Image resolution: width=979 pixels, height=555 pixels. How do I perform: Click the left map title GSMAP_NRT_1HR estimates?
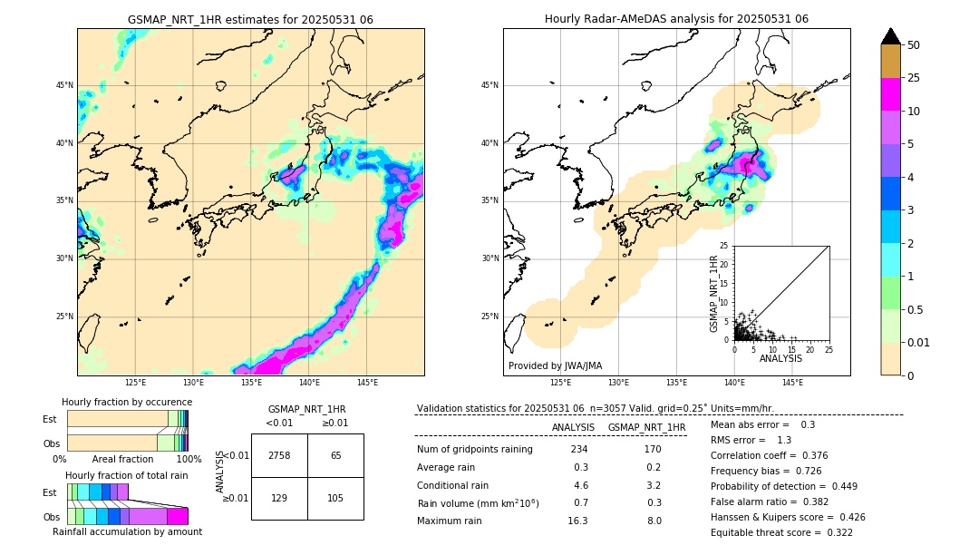pyautogui.click(x=250, y=19)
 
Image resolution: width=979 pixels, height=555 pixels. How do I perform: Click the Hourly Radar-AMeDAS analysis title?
pyautogui.click(x=676, y=19)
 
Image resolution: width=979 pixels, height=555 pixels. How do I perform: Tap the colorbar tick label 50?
pyautogui.click(x=914, y=45)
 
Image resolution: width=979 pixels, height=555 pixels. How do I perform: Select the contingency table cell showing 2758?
pyautogui.click(x=279, y=455)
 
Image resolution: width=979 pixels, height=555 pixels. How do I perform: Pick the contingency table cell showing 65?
pyautogui.click(x=335, y=455)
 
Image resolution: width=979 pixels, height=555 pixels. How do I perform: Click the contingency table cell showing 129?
pyautogui.click(x=279, y=499)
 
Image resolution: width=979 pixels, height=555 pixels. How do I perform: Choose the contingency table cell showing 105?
pyautogui.click(x=335, y=499)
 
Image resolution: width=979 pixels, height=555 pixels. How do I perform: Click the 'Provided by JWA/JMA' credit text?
pyautogui.click(x=555, y=366)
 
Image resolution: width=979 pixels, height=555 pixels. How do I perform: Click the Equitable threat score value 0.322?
pyautogui.click(x=832, y=532)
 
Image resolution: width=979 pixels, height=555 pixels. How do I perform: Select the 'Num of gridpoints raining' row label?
pyautogui.click(x=474, y=450)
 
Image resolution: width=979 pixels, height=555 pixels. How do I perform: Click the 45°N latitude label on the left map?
pyautogui.click(x=64, y=85)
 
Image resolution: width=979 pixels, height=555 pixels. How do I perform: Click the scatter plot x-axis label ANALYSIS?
pyautogui.click(x=780, y=358)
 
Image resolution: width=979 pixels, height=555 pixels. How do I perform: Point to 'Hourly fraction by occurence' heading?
pyautogui.click(x=127, y=402)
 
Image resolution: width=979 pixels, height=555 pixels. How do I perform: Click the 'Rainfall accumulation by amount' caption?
pyautogui.click(x=127, y=531)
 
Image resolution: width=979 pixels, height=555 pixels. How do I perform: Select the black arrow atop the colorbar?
pyautogui.click(x=891, y=36)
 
